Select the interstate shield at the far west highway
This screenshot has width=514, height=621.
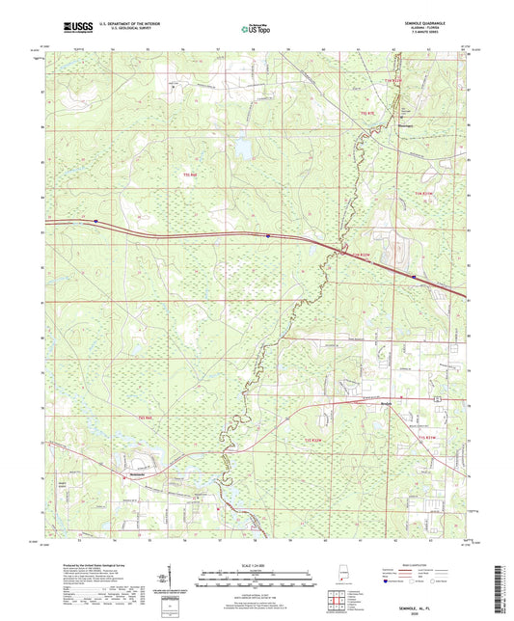tap(97, 222)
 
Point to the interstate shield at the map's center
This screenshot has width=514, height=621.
tap(268, 234)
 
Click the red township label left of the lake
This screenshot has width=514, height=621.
tap(190, 175)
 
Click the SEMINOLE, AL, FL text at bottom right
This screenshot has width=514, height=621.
tap(425, 608)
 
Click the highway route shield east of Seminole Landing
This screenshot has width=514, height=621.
tap(437, 398)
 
